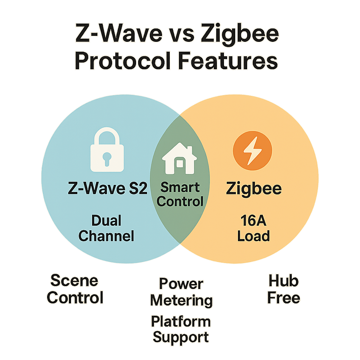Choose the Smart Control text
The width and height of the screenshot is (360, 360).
pyautogui.click(x=180, y=194)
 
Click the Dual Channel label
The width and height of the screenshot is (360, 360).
pyautogui.click(x=106, y=229)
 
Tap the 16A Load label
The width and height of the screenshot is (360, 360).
pyautogui.click(x=253, y=229)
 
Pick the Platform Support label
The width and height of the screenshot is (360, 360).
pyautogui.click(x=181, y=329)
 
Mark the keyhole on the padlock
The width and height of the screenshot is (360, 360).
pyautogui.click(x=107, y=157)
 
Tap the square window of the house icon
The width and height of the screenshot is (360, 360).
pyautogui.click(x=180, y=164)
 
